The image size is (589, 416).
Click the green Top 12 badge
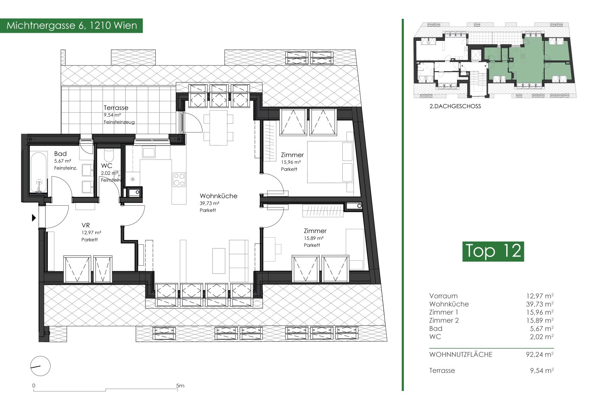[493, 251]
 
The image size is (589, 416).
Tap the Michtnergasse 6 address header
[72, 25]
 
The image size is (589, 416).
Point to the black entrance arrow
[34, 218]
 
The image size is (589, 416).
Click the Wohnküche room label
[218, 196]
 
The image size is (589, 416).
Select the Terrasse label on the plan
[116, 107]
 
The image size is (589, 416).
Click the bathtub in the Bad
[39, 173]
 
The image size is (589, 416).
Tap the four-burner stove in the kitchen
[179, 180]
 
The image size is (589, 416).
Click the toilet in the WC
[109, 156]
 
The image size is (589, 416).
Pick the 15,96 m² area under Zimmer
[291, 162]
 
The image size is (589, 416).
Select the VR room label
[86, 225]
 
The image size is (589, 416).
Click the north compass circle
[40, 366]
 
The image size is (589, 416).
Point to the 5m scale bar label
[180, 386]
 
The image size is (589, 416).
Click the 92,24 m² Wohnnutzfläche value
[540, 354]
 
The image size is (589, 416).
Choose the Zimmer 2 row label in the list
[444, 320]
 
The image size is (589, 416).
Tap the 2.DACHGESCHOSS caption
[455, 106]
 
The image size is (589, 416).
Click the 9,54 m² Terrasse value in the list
[542, 371]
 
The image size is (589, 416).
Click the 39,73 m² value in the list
[540, 304]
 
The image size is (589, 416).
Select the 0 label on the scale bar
[34, 386]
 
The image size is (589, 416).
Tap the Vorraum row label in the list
[443, 296]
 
